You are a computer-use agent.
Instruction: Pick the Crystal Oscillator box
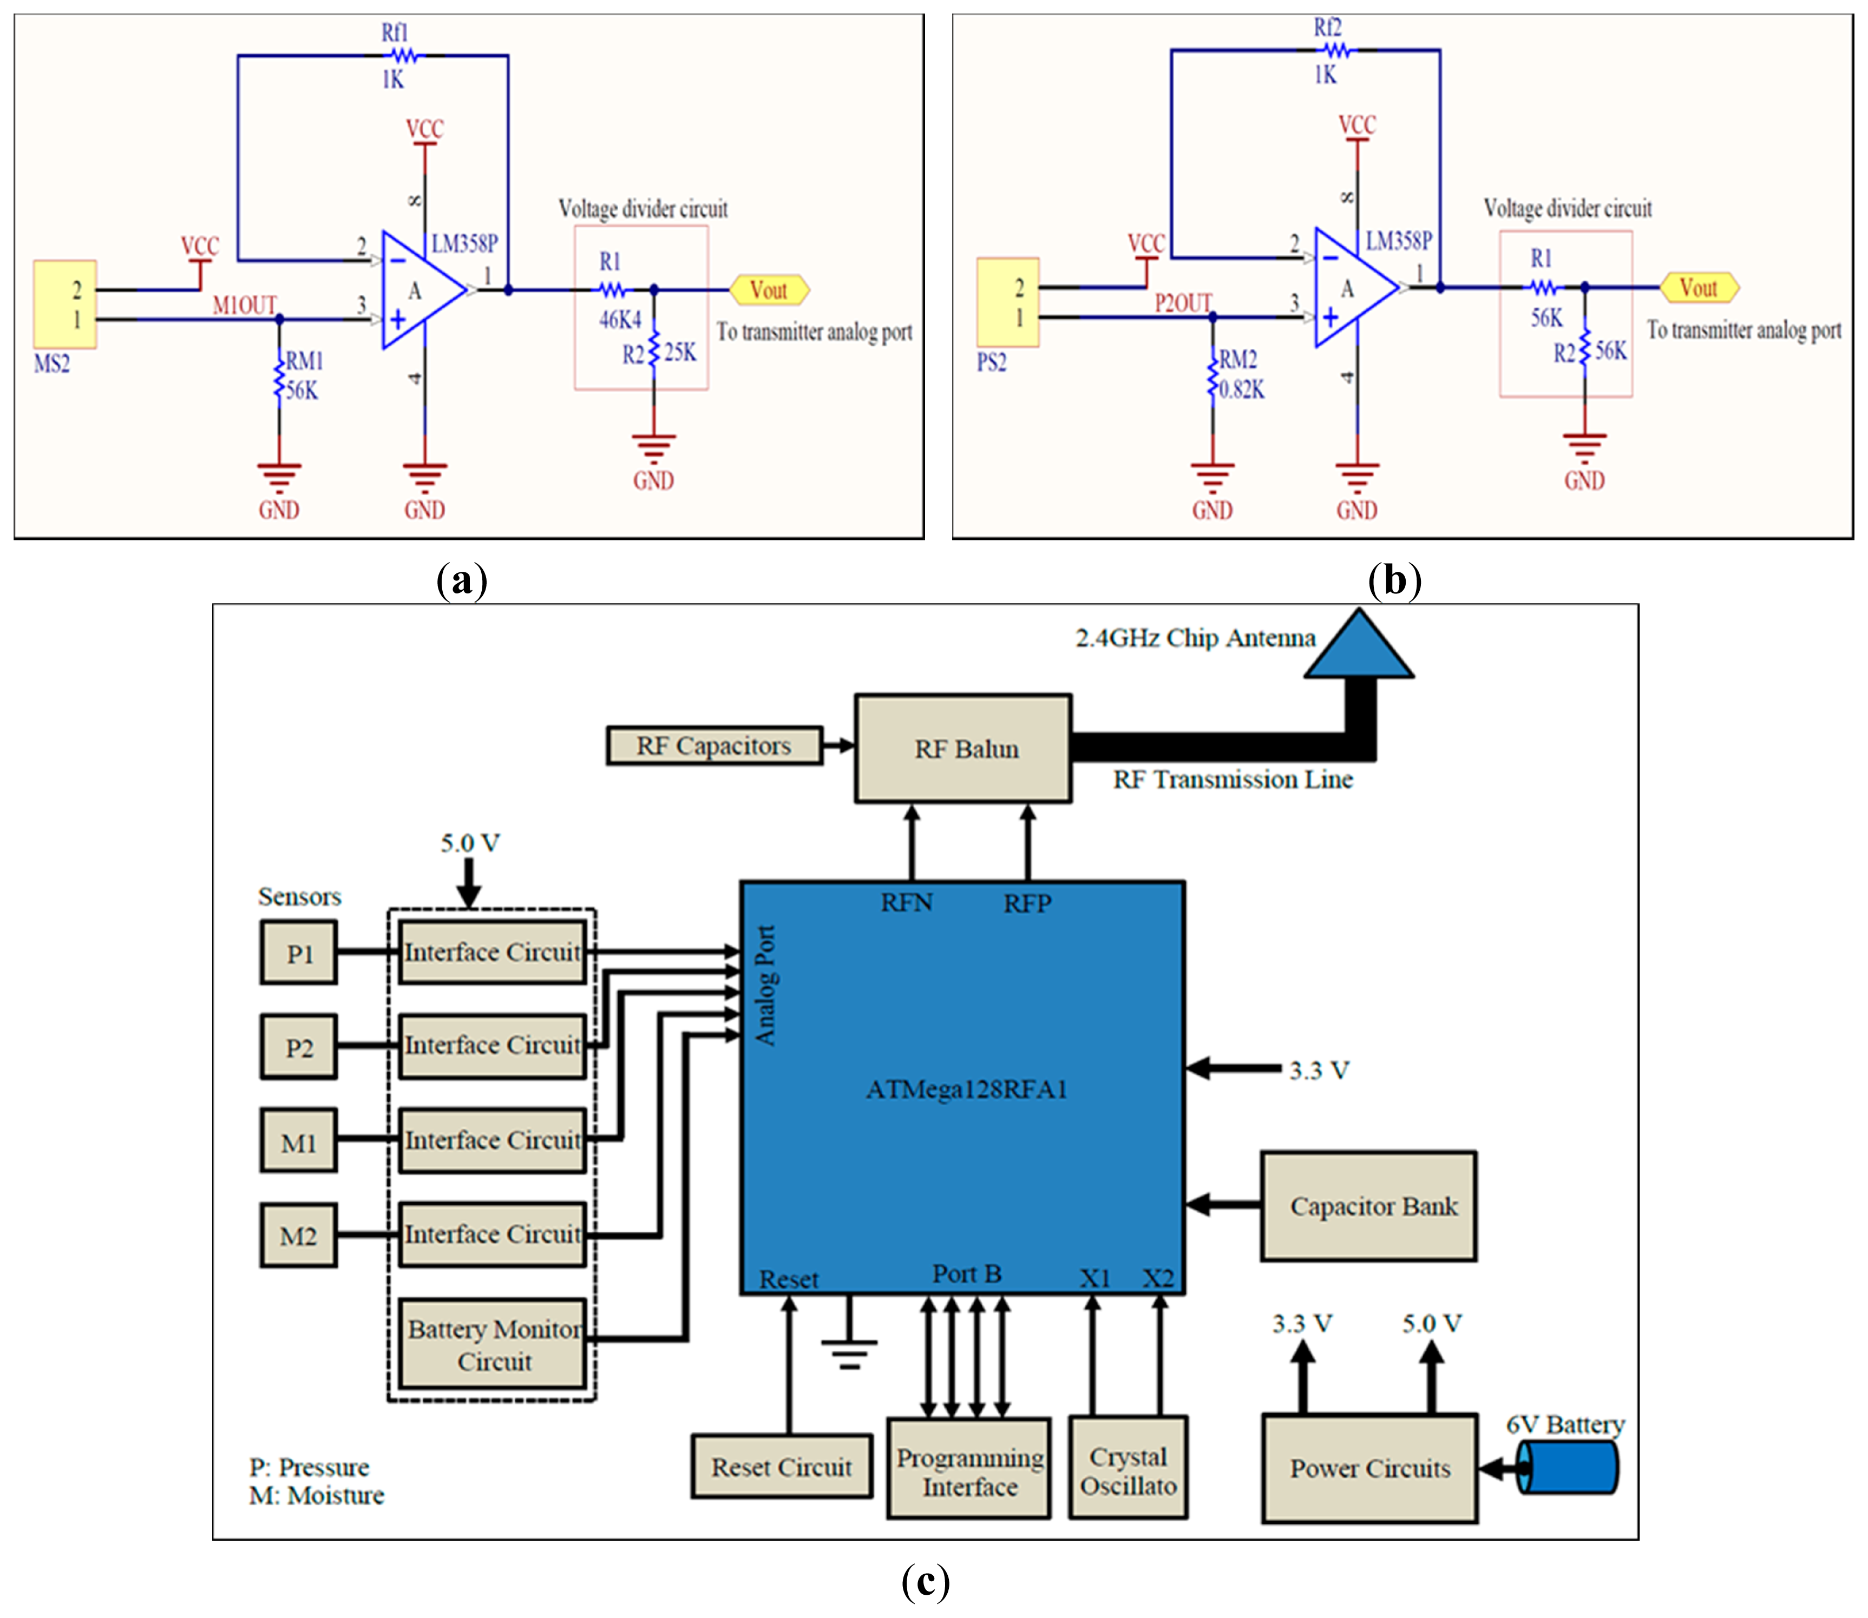click(x=1128, y=1467)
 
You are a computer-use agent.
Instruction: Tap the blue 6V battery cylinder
click(x=1569, y=1467)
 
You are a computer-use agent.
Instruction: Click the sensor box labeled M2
click(x=299, y=1235)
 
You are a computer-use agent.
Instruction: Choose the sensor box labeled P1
click(x=299, y=953)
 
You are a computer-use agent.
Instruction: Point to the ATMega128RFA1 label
click(x=967, y=1090)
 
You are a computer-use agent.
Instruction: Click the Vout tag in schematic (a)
click(x=769, y=290)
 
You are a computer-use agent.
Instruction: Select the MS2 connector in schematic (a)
click(x=65, y=304)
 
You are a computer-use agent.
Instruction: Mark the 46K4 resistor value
click(x=620, y=320)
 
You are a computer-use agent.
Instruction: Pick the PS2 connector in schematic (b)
click(x=1008, y=302)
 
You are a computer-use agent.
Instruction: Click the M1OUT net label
click(x=244, y=305)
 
